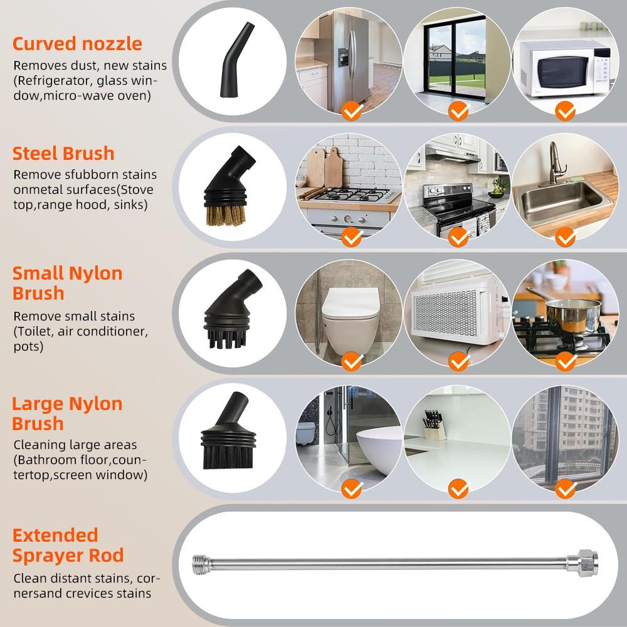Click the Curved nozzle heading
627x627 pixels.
(x=77, y=44)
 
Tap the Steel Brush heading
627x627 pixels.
(x=63, y=153)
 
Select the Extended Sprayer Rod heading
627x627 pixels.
(x=68, y=545)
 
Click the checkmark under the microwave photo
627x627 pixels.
(x=566, y=112)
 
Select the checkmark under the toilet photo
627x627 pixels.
(x=352, y=361)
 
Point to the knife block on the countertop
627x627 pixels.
(x=435, y=426)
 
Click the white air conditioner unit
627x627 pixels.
(x=455, y=313)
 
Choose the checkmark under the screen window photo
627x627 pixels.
(x=566, y=488)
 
